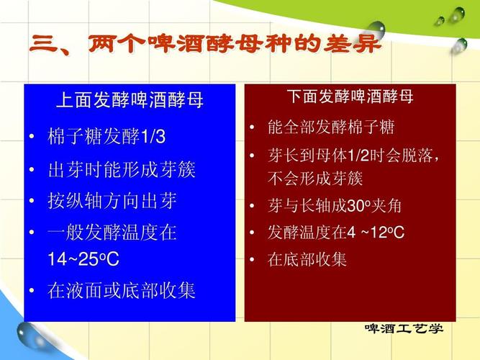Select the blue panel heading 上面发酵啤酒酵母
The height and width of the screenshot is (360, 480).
[130, 100]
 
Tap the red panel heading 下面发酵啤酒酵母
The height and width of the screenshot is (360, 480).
[350, 96]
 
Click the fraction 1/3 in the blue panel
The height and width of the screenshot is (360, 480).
[153, 137]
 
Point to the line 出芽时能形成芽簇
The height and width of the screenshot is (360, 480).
[121, 171]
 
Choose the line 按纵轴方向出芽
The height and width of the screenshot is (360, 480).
[112, 201]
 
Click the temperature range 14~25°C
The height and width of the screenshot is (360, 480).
[83, 259]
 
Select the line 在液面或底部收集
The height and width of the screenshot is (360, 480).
[121, 291]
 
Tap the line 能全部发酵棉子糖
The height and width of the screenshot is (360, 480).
[330, 128]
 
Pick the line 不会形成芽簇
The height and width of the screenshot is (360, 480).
[314, 178]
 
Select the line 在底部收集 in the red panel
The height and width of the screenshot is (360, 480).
[307, 260]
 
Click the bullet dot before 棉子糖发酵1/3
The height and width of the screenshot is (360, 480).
[32, 138]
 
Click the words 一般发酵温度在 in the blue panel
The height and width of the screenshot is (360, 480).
[112, 233]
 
